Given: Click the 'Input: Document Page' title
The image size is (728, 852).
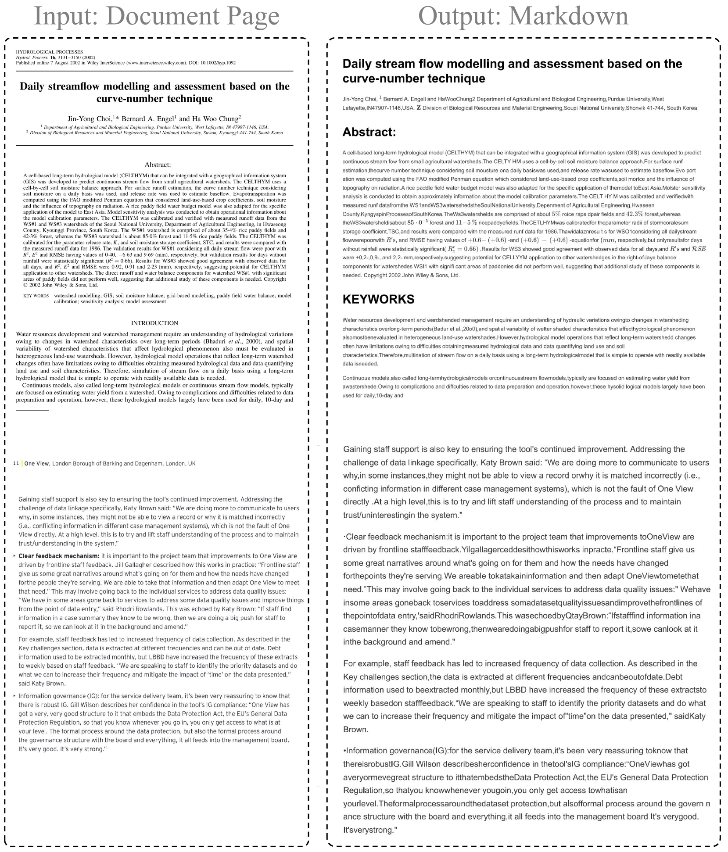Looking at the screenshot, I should pos(156,16).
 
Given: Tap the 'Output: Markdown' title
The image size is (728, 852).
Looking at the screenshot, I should pos(523,16).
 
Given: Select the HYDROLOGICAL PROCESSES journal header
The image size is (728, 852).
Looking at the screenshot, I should pos(49,52).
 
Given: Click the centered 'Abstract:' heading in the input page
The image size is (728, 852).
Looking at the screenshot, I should pos(157,165).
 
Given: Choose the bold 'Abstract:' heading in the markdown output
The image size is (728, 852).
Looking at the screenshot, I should pos(369,132).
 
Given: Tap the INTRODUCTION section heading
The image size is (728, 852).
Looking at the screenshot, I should pos(154,323).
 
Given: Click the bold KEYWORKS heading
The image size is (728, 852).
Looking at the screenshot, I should pos(378,299).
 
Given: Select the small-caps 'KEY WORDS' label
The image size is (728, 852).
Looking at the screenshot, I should pos(36,296).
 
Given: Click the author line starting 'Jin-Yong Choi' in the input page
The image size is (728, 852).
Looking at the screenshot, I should pos(154,118).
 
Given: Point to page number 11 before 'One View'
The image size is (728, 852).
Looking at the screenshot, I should pos(16,463).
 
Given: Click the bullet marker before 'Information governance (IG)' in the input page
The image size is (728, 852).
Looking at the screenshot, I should pos(14,696).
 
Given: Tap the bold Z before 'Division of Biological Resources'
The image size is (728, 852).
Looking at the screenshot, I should pos(418,108).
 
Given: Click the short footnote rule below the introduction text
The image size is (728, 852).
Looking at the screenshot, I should pos(32,410).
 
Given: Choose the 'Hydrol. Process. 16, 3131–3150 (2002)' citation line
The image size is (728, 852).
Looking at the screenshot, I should pos(55,57).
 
